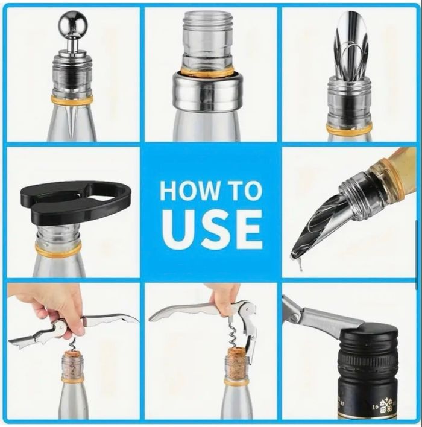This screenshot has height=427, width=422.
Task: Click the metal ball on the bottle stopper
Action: (74, 23)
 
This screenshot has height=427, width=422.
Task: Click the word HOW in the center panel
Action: (188, 191)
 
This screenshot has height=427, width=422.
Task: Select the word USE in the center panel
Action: (212, 230)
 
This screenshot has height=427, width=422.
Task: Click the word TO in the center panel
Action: (243, 191)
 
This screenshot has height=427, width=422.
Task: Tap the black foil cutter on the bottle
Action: (76, 201)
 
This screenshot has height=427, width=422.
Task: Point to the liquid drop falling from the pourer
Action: (300, 264)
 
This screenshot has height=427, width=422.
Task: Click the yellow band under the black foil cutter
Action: (58, 250)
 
